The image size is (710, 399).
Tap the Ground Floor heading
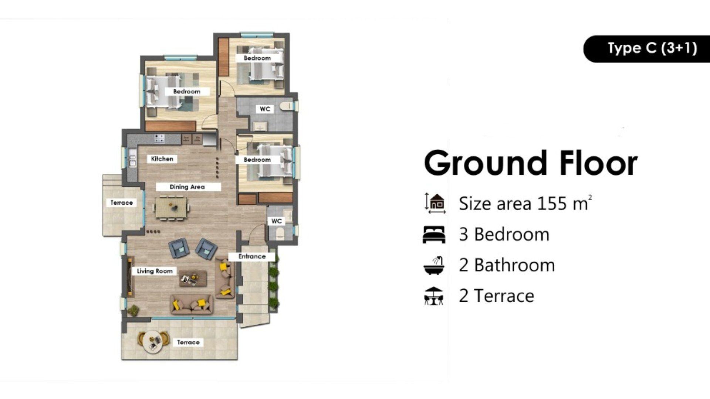point(531,163)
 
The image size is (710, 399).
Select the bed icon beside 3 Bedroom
point(434,235)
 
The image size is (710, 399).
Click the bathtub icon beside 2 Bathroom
point(434,265)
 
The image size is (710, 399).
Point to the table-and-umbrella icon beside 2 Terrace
point(434,296)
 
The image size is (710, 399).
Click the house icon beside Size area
point(435,203)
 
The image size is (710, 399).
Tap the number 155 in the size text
point(552,203)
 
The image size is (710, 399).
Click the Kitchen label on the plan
point(162,159)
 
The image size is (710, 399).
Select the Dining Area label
point(187,187)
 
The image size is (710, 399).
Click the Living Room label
point(155,271)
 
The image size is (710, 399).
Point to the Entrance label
point(252,256)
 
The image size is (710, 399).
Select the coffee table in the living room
point(193,279)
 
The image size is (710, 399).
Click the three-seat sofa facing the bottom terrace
point(192,304)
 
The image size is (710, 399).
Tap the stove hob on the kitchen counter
point(159,139)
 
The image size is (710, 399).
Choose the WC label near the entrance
point(276,221)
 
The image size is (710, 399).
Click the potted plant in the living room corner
point(133,310)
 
